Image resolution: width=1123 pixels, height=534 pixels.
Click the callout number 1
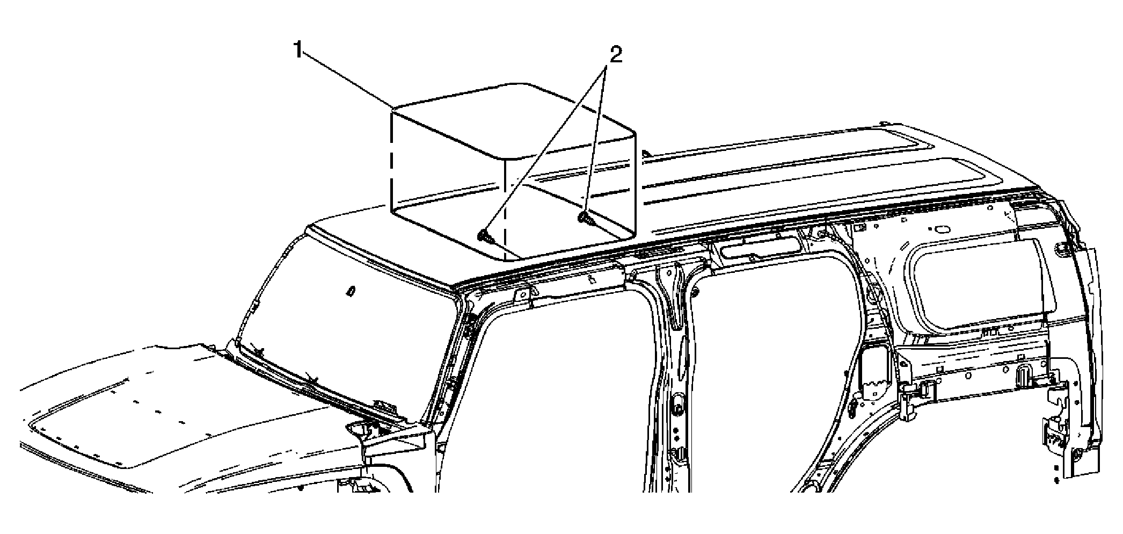pyautogui.click(x=298, y=51)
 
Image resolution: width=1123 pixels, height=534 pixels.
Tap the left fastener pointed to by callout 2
pyautogui.click(x=485, y=236)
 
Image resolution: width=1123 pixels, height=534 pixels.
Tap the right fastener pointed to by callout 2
pyautogui.click(x=585, y=218)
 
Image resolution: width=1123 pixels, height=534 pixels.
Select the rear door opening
pyautogui.click(x=773, y=376)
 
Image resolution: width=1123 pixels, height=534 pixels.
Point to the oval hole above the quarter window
pyautogui.click(x=943, y=229)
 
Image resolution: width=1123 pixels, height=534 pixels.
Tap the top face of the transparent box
pyautogui.click(x=513, y=120)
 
